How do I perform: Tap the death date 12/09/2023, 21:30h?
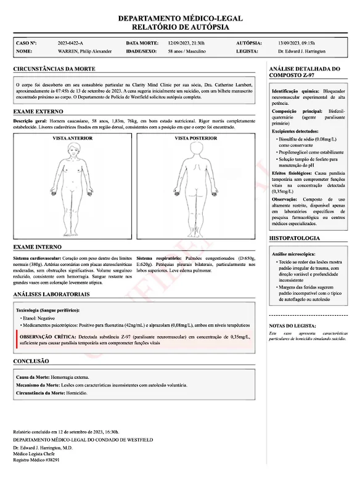tap(186, 43)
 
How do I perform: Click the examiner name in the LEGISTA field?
tap(301, 52)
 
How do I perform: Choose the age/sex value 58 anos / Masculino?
tap(187, 52)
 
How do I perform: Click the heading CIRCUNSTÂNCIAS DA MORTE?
tap(54, 68)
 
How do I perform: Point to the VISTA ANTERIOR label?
tap(72, 138)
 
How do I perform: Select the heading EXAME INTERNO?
tap(38, 247)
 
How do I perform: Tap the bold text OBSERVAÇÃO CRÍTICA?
tap(49, 337)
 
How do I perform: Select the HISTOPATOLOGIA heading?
tap(295, 238)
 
